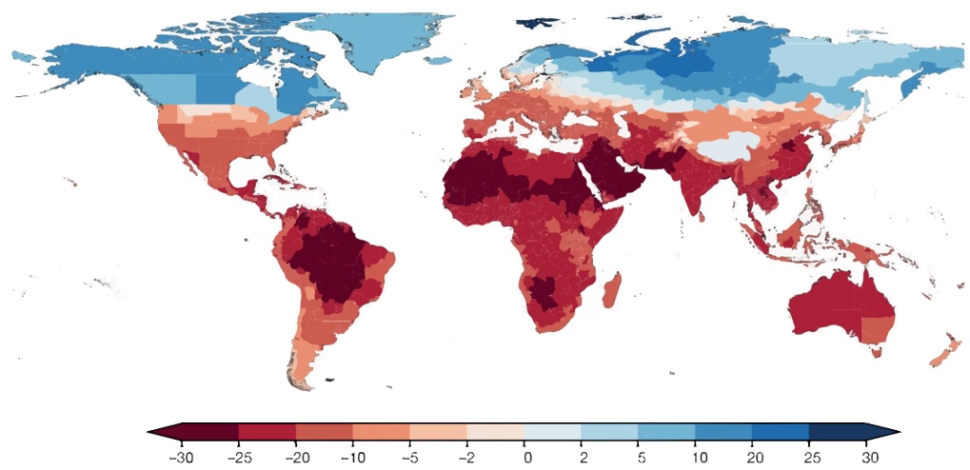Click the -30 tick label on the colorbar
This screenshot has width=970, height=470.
pyautogui.click(x=181, y=459)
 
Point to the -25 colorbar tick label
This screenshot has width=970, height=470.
pyautogui.click(x=238, y=459)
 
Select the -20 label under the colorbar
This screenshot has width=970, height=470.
pyautogui.click(x=295, y=459)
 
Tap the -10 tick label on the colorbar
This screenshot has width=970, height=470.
pyautogui.click(x=352, y=459)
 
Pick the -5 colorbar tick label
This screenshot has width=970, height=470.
pyautogui.click(x=409, y=459)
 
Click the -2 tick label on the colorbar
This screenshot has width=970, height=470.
pyautogui.click(x=466, y=459)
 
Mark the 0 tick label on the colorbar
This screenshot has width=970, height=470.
pyautogui.click(x=527, y=459)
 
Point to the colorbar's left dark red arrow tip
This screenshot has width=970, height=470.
pyautogui.click(x=148, y=432)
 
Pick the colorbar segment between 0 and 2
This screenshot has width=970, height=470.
pyautogui.click(x=552, y=432)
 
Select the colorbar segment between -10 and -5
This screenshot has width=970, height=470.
pyautogui.click(x=381, y=432)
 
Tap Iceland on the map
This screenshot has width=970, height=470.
pyautogui.click(x=439, y=61)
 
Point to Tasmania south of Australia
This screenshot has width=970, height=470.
pyautogui.click(x=876, y=352)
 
